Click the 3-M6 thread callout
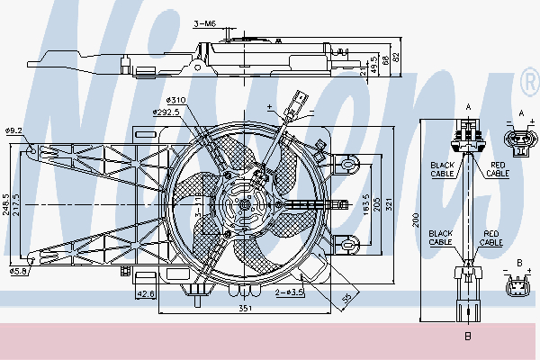coord(207,23)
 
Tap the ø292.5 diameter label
coord(166,112)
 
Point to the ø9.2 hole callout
coord(13,131)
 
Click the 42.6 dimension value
coord(147,292)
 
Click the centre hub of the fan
coord(244,204)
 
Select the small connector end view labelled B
coord(519,290)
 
